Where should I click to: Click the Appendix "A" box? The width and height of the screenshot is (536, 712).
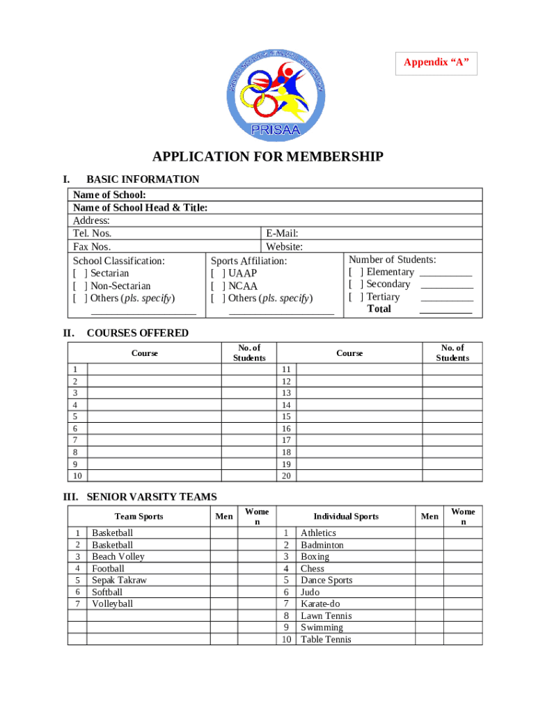point(436,63)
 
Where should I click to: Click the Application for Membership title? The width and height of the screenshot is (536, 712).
point(268,156)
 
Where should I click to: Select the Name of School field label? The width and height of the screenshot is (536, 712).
point(109,195)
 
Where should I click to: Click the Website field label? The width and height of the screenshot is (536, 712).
point(284,246)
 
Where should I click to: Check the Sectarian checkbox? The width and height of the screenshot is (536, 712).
point(79,273)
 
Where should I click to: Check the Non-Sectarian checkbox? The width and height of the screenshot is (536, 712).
point(79,286)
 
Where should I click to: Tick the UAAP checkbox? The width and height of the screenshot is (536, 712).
point(218,273)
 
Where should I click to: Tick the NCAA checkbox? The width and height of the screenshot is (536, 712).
point(218,286)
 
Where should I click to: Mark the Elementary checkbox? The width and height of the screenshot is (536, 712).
point(356,272)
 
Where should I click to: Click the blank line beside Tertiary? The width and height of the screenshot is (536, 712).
point(446,298)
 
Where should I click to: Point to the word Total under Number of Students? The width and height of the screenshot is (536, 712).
point(379,309)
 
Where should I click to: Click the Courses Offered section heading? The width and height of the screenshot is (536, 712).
point(137,333)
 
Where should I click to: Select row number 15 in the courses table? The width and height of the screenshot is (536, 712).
point(285,416)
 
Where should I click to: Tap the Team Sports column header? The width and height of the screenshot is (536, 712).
point(139,516)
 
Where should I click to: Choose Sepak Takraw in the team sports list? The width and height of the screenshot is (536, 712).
point(119,580)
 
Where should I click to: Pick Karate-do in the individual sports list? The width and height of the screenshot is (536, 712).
point(320,604)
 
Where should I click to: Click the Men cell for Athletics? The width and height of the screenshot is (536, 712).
point(429,533)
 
